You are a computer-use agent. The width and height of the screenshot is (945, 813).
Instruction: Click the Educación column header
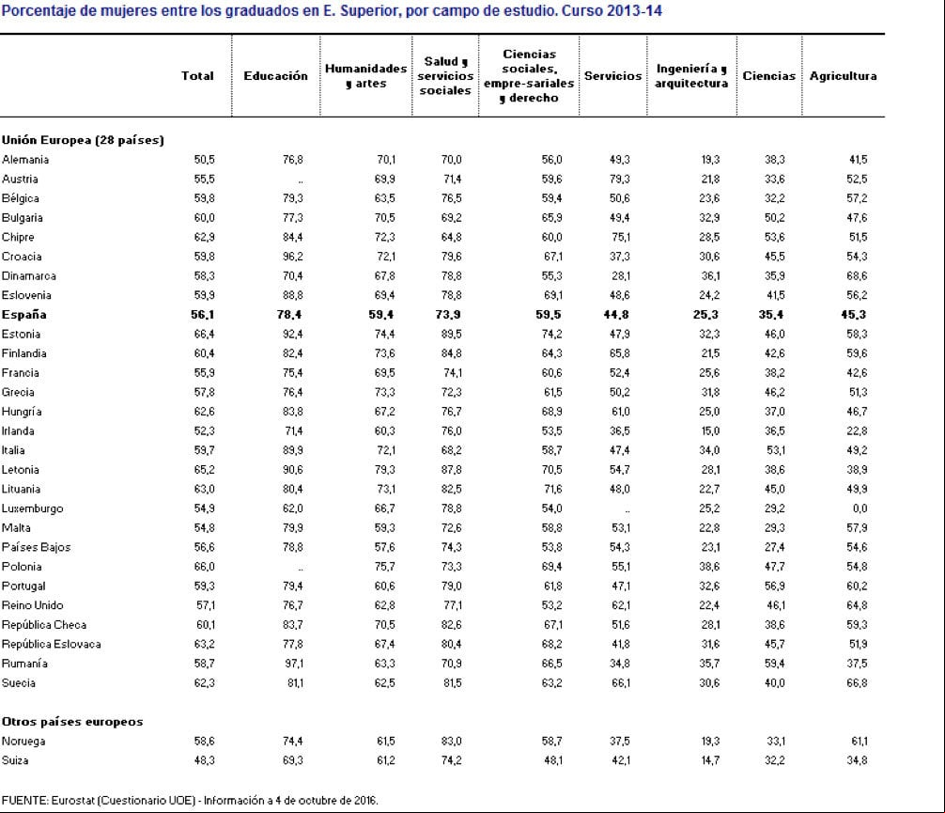tap(275, 76)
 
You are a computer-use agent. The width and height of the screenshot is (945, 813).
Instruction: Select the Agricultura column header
tap(843, 76)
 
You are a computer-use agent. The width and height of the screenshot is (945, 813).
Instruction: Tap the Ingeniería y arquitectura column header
tap(691, 76)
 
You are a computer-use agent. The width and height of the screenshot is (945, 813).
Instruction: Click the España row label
tap(24, 314)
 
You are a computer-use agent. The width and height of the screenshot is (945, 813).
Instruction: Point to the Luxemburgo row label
tap(33, 508)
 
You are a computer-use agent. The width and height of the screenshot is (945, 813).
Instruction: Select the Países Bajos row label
tap(36, 547)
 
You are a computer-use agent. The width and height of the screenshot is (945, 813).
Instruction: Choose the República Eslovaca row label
tap(52, 644)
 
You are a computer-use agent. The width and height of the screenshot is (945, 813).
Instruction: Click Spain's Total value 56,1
tap(203, 314)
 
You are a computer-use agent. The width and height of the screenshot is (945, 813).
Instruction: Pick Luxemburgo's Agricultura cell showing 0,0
tap(860, 508)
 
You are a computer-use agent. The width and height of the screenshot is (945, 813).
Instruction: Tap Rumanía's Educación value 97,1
tap(293, 664)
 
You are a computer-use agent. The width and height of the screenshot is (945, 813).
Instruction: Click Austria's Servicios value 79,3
tap(620, 180)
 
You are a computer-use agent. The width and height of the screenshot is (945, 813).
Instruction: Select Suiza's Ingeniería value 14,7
tap(710, 760)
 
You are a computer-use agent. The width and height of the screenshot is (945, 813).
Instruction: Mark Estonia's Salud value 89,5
tap(452, 334)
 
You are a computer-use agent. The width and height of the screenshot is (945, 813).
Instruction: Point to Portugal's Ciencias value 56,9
tap(775, 586)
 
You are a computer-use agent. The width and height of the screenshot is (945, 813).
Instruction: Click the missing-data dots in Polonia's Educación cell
tap(301, 569)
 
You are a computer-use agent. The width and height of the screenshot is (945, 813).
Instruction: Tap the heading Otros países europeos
tap(72, 722)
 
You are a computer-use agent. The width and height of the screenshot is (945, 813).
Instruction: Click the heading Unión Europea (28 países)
tap(84, 140)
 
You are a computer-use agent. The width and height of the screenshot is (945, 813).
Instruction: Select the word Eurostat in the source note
tap(72, 801)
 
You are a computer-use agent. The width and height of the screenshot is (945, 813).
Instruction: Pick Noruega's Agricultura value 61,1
tap(859, 742)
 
